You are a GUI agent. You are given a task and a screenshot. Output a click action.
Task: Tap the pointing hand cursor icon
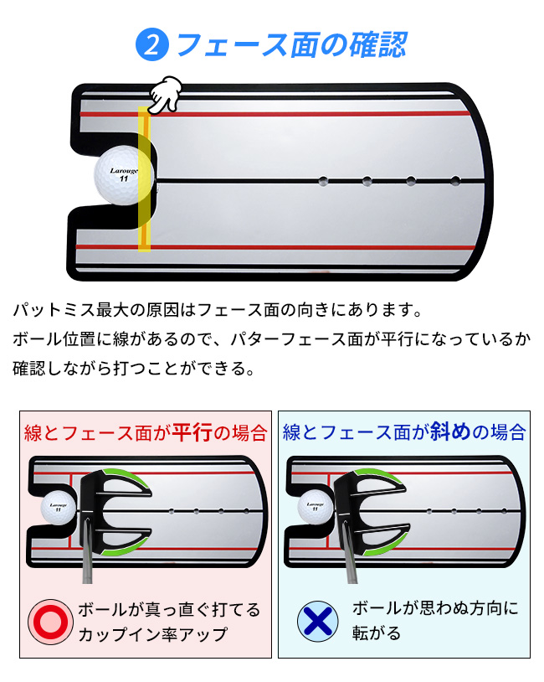[166, 93]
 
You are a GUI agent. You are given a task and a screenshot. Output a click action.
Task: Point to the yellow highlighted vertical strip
[144, 180]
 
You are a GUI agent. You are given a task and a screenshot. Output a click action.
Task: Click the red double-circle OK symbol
[51, 621]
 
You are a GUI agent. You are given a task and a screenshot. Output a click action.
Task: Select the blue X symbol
[319, 621]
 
